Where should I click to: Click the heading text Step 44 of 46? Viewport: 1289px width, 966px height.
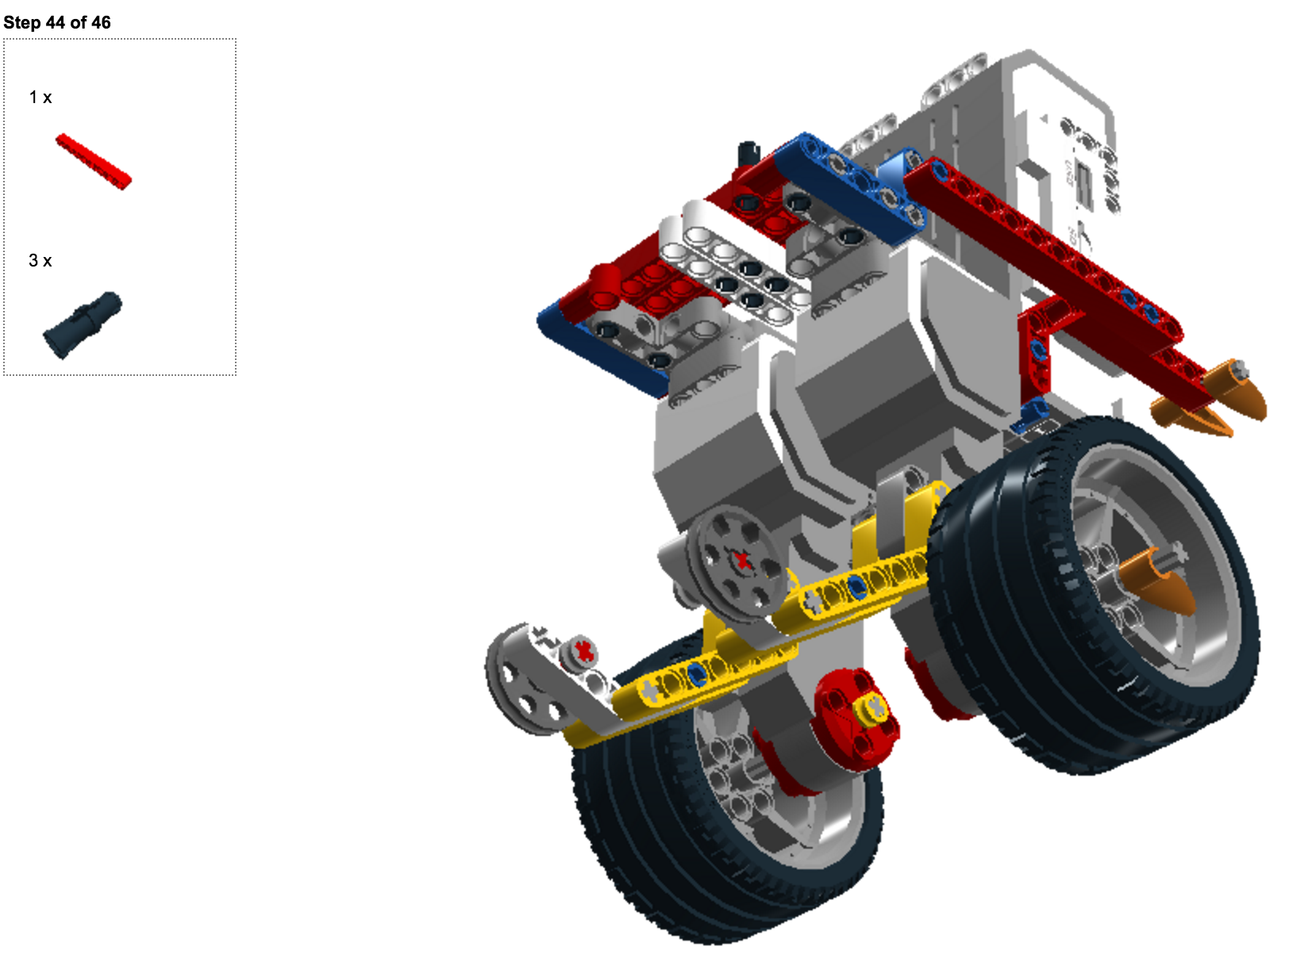point(57,23)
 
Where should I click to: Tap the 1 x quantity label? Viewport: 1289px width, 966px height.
point(40,98)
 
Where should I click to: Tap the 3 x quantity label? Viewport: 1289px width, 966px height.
point(40,260)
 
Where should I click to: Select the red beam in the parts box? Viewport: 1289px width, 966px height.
point(94,162)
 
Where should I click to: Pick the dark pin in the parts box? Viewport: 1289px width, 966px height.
point(83,324)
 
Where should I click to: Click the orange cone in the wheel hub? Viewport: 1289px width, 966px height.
point(1154,581)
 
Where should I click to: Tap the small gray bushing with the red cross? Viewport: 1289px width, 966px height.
point(580,652)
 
